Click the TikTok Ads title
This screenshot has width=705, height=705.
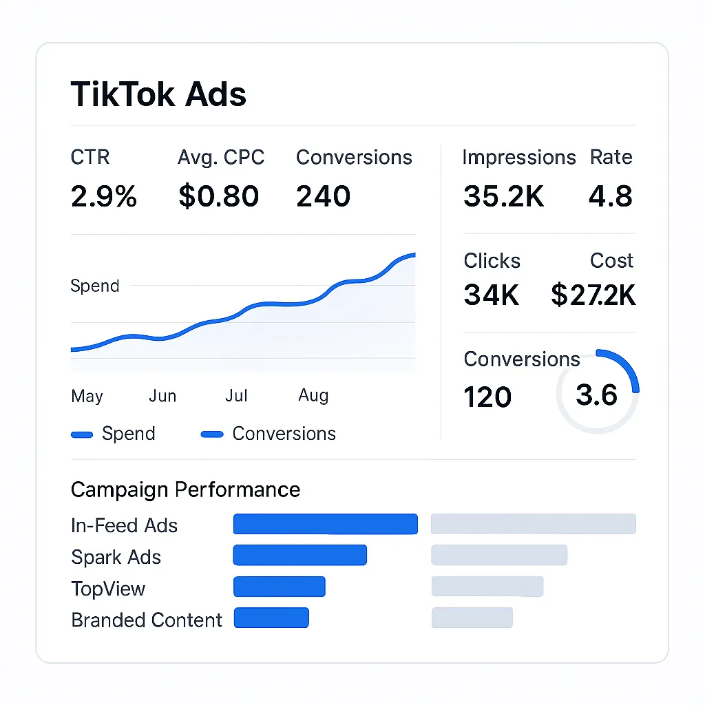tap(158, 94)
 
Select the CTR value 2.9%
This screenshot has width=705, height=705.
tap(104, 197)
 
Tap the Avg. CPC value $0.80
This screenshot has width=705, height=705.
tap(218, 197)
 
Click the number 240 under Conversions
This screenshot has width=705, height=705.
tap(323, 197)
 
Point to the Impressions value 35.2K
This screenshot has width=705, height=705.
tap(503, 197)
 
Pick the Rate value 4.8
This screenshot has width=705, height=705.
tap(610, 197)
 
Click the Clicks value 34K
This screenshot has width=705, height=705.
tap(491, 295)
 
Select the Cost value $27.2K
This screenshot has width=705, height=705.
tap(593, 295)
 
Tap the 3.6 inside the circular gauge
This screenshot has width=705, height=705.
tap(596, 395)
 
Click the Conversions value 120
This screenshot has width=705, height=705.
tap(487, 397)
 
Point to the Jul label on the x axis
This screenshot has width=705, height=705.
tap(236, 396)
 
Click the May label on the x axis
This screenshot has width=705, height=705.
tap(87, 397)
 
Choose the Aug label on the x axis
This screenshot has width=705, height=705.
tap(313, 396)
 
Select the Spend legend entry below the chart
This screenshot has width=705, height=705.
tap(114, 434)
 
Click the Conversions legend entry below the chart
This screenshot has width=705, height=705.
tap(269, 434)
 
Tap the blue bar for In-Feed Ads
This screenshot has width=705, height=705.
tap(325, 524)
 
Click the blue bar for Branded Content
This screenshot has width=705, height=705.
tap(271, 618)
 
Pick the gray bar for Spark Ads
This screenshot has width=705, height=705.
tap(499, 555)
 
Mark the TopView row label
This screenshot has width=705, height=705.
tap(108, 589)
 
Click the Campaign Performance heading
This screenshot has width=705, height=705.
tap(185, 490)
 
